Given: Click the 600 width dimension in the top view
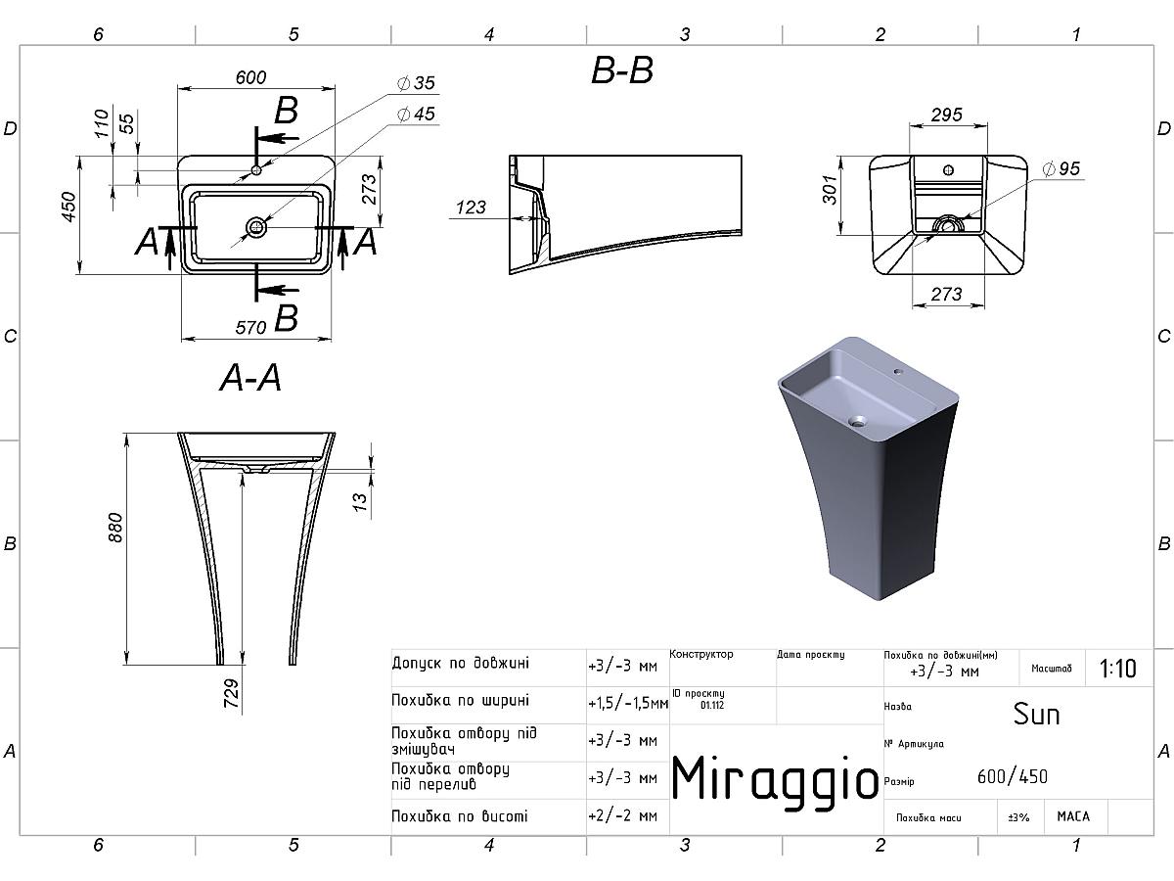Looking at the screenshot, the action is [250, 77].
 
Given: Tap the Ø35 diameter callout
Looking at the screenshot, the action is [416, 83].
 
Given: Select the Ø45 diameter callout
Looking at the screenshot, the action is [416, 114].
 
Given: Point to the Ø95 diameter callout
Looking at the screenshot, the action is [1061, 169].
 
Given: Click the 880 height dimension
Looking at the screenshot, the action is [115, 528].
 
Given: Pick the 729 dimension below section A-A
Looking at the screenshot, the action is [231, 693].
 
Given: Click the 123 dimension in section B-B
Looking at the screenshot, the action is [471, 208].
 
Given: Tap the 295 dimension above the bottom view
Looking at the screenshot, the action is [947, 115].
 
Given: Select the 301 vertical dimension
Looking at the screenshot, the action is [830, 189].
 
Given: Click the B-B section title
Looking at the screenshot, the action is [622, 70].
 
